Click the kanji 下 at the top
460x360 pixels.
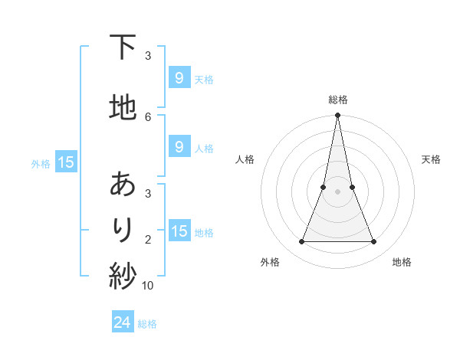point(123,47)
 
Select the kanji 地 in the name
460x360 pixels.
point(123,107)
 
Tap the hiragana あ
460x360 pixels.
point(123,185)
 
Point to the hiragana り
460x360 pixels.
point(123,228)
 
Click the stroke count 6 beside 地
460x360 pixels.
point(148,116)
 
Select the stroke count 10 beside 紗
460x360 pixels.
point(148,286)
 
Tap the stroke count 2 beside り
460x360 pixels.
point(148,240)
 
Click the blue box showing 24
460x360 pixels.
point(123,322)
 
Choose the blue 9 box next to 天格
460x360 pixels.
point(179,78)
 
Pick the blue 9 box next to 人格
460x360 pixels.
point(179,147)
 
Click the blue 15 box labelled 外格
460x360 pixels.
point(66,162)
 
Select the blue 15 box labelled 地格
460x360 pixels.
point(179,231)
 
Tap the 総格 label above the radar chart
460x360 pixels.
point(337,100)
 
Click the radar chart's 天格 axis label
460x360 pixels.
point(432,159)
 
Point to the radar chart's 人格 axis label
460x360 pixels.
point(245,159)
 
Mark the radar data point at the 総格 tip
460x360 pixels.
point(337,116)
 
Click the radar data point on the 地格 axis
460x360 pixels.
point(374,242)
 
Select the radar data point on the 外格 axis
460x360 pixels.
point(301,242)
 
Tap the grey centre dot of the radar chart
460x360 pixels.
point(337,191)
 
